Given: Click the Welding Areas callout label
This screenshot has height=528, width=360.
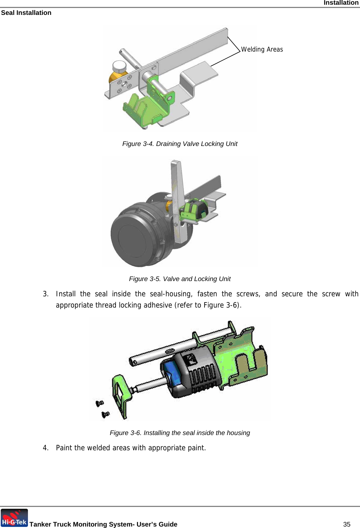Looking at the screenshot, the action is tap(262, 49).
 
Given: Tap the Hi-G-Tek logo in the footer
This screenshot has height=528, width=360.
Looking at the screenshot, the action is tap(14, 518).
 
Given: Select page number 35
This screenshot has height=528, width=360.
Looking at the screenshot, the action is tap(347, 524).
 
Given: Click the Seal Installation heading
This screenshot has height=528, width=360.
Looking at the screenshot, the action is tap(26, 13).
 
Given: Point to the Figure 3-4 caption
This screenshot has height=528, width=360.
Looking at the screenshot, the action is tap(179, 144).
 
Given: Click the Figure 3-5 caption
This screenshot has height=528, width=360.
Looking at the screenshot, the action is tap(179, 279).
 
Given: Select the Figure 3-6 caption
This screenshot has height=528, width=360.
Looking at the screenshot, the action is tap(179, 433).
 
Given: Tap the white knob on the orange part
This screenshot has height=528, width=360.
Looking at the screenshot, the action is tap(119, 66).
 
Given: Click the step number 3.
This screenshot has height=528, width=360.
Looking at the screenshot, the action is tap(45, 294).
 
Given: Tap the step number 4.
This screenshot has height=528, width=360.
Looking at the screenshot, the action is tap(45, 448).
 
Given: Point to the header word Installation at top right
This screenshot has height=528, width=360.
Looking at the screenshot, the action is tap(341, 3).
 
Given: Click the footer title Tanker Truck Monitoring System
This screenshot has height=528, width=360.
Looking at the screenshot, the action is tap(103, 524).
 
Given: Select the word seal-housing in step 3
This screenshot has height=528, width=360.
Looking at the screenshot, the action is tap(171, 294).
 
